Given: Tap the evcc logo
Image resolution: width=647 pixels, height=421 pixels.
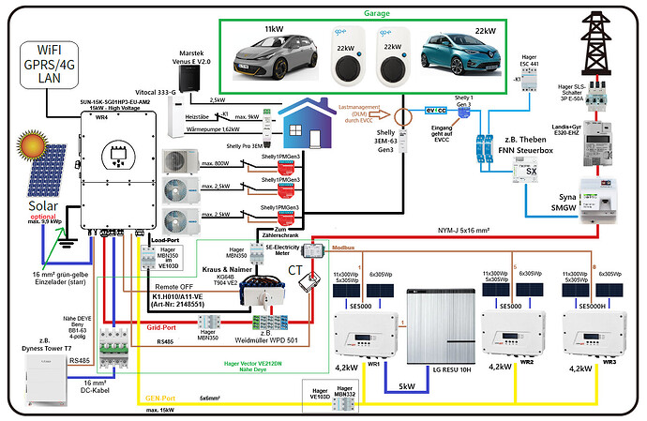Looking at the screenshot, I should point(437,110).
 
